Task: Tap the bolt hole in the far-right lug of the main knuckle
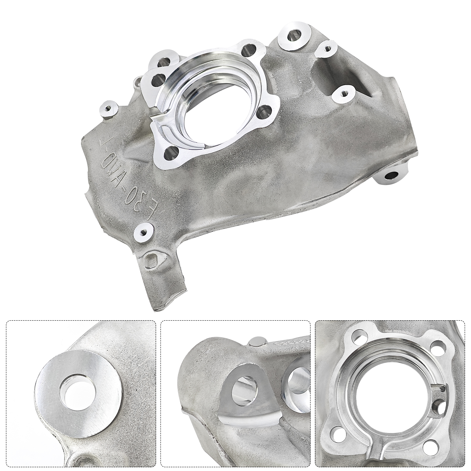(392, 176)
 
